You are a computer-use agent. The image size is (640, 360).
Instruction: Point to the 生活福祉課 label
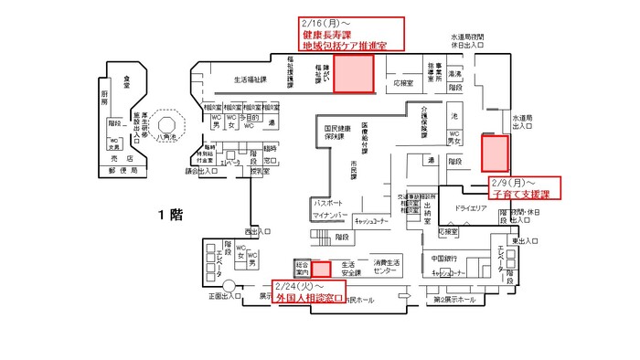click(250, 80)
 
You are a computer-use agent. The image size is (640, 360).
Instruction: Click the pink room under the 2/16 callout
click(354, 74)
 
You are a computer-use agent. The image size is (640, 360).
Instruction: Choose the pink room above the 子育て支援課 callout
click(496, 153)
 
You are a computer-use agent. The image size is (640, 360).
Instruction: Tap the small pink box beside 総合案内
click(321, 269)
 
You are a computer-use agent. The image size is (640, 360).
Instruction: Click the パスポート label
click(329, 203)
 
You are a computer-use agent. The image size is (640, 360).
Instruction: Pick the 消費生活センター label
click(387, 267)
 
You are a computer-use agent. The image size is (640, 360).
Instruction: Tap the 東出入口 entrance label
click(524, 241)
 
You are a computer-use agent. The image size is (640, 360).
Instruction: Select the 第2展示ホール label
click(453, 300)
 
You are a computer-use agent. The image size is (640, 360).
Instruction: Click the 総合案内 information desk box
click(303, 269)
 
